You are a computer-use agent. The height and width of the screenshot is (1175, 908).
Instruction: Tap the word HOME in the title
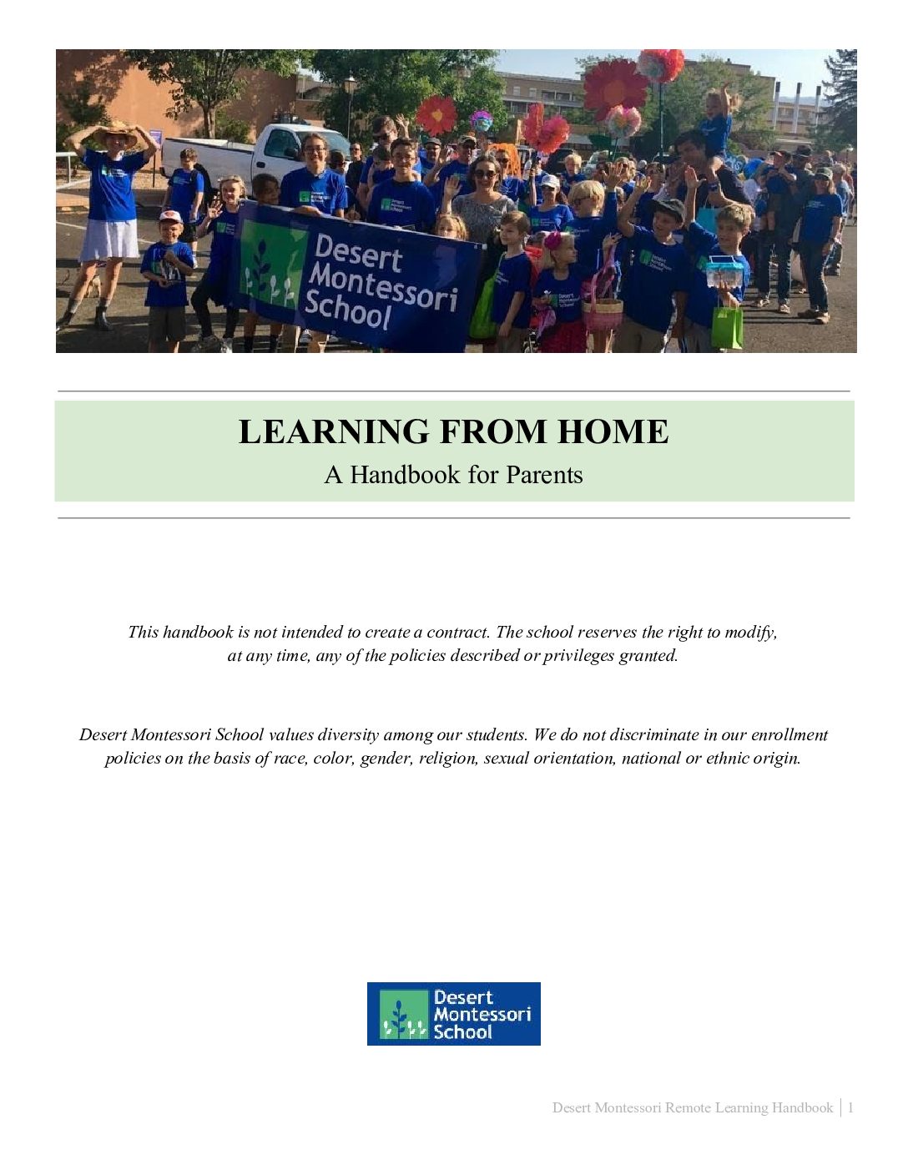click(613, 432)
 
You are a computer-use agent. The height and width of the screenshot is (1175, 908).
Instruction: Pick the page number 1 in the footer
click(850, 1107)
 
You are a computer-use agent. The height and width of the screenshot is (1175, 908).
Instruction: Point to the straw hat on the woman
click(113, 134)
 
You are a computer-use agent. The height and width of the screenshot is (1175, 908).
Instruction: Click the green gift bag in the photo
click(727, 326)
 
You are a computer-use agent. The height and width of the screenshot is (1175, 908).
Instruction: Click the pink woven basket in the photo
click(603, 313)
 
